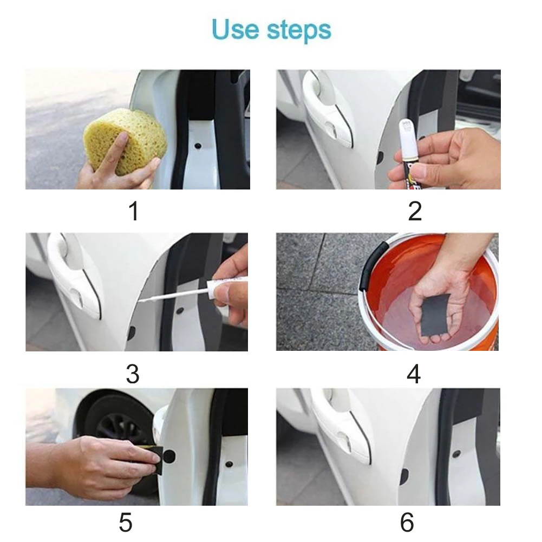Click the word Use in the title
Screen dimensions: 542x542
pyautogui.click(x=235, y=29)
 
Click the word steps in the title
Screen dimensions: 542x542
pyautogui.click(x=299, y=31)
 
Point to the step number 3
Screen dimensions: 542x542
pyautogui.click(x=133, y=374)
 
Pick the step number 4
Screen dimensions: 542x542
pyautogui.click(x=414, y=374)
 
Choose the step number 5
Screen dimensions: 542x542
pyautogui.click(x=126, y=523)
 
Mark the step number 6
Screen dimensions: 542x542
pyautogui.click(x=407, y=523)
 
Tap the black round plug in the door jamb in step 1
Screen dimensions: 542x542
pyautogui.click(x=198, y=145)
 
